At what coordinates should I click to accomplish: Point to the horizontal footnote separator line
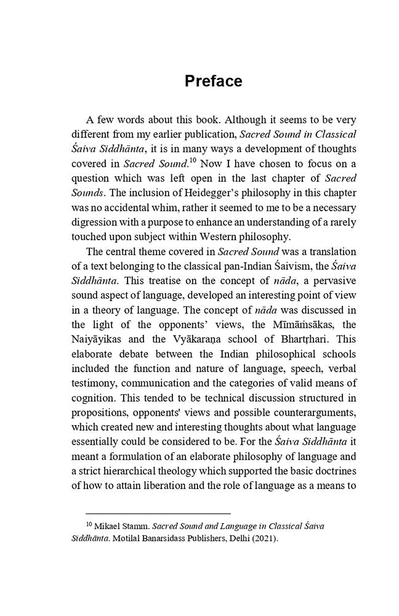click(x=158, y=513)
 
